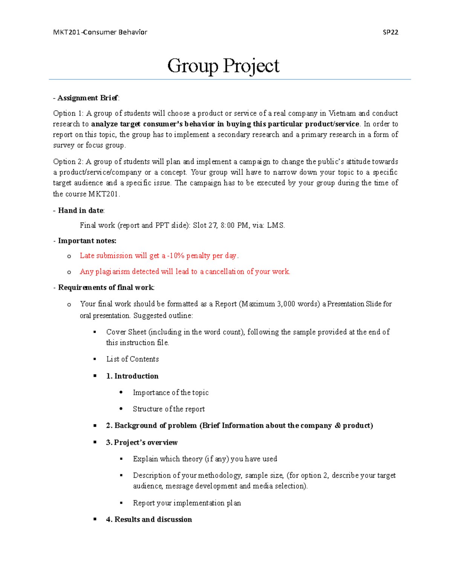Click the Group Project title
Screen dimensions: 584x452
(223, 66)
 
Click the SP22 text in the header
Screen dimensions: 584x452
(390, 32)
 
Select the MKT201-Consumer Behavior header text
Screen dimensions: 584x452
(100, 32)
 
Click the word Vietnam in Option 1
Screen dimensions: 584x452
(342, 114)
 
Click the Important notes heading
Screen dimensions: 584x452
(87, 241)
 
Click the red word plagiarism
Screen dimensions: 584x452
(112, 272)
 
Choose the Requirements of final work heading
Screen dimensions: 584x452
(106, 288)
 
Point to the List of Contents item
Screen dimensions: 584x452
(133, 359)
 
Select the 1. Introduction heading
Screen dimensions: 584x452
(132, 376)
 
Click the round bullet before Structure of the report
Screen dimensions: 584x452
(121, 409)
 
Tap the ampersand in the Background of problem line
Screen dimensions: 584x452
(337, 426)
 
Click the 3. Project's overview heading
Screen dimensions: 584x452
(142, 443)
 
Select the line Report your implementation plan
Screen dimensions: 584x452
(187, 503)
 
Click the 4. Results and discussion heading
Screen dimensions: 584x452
(149, 520)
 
